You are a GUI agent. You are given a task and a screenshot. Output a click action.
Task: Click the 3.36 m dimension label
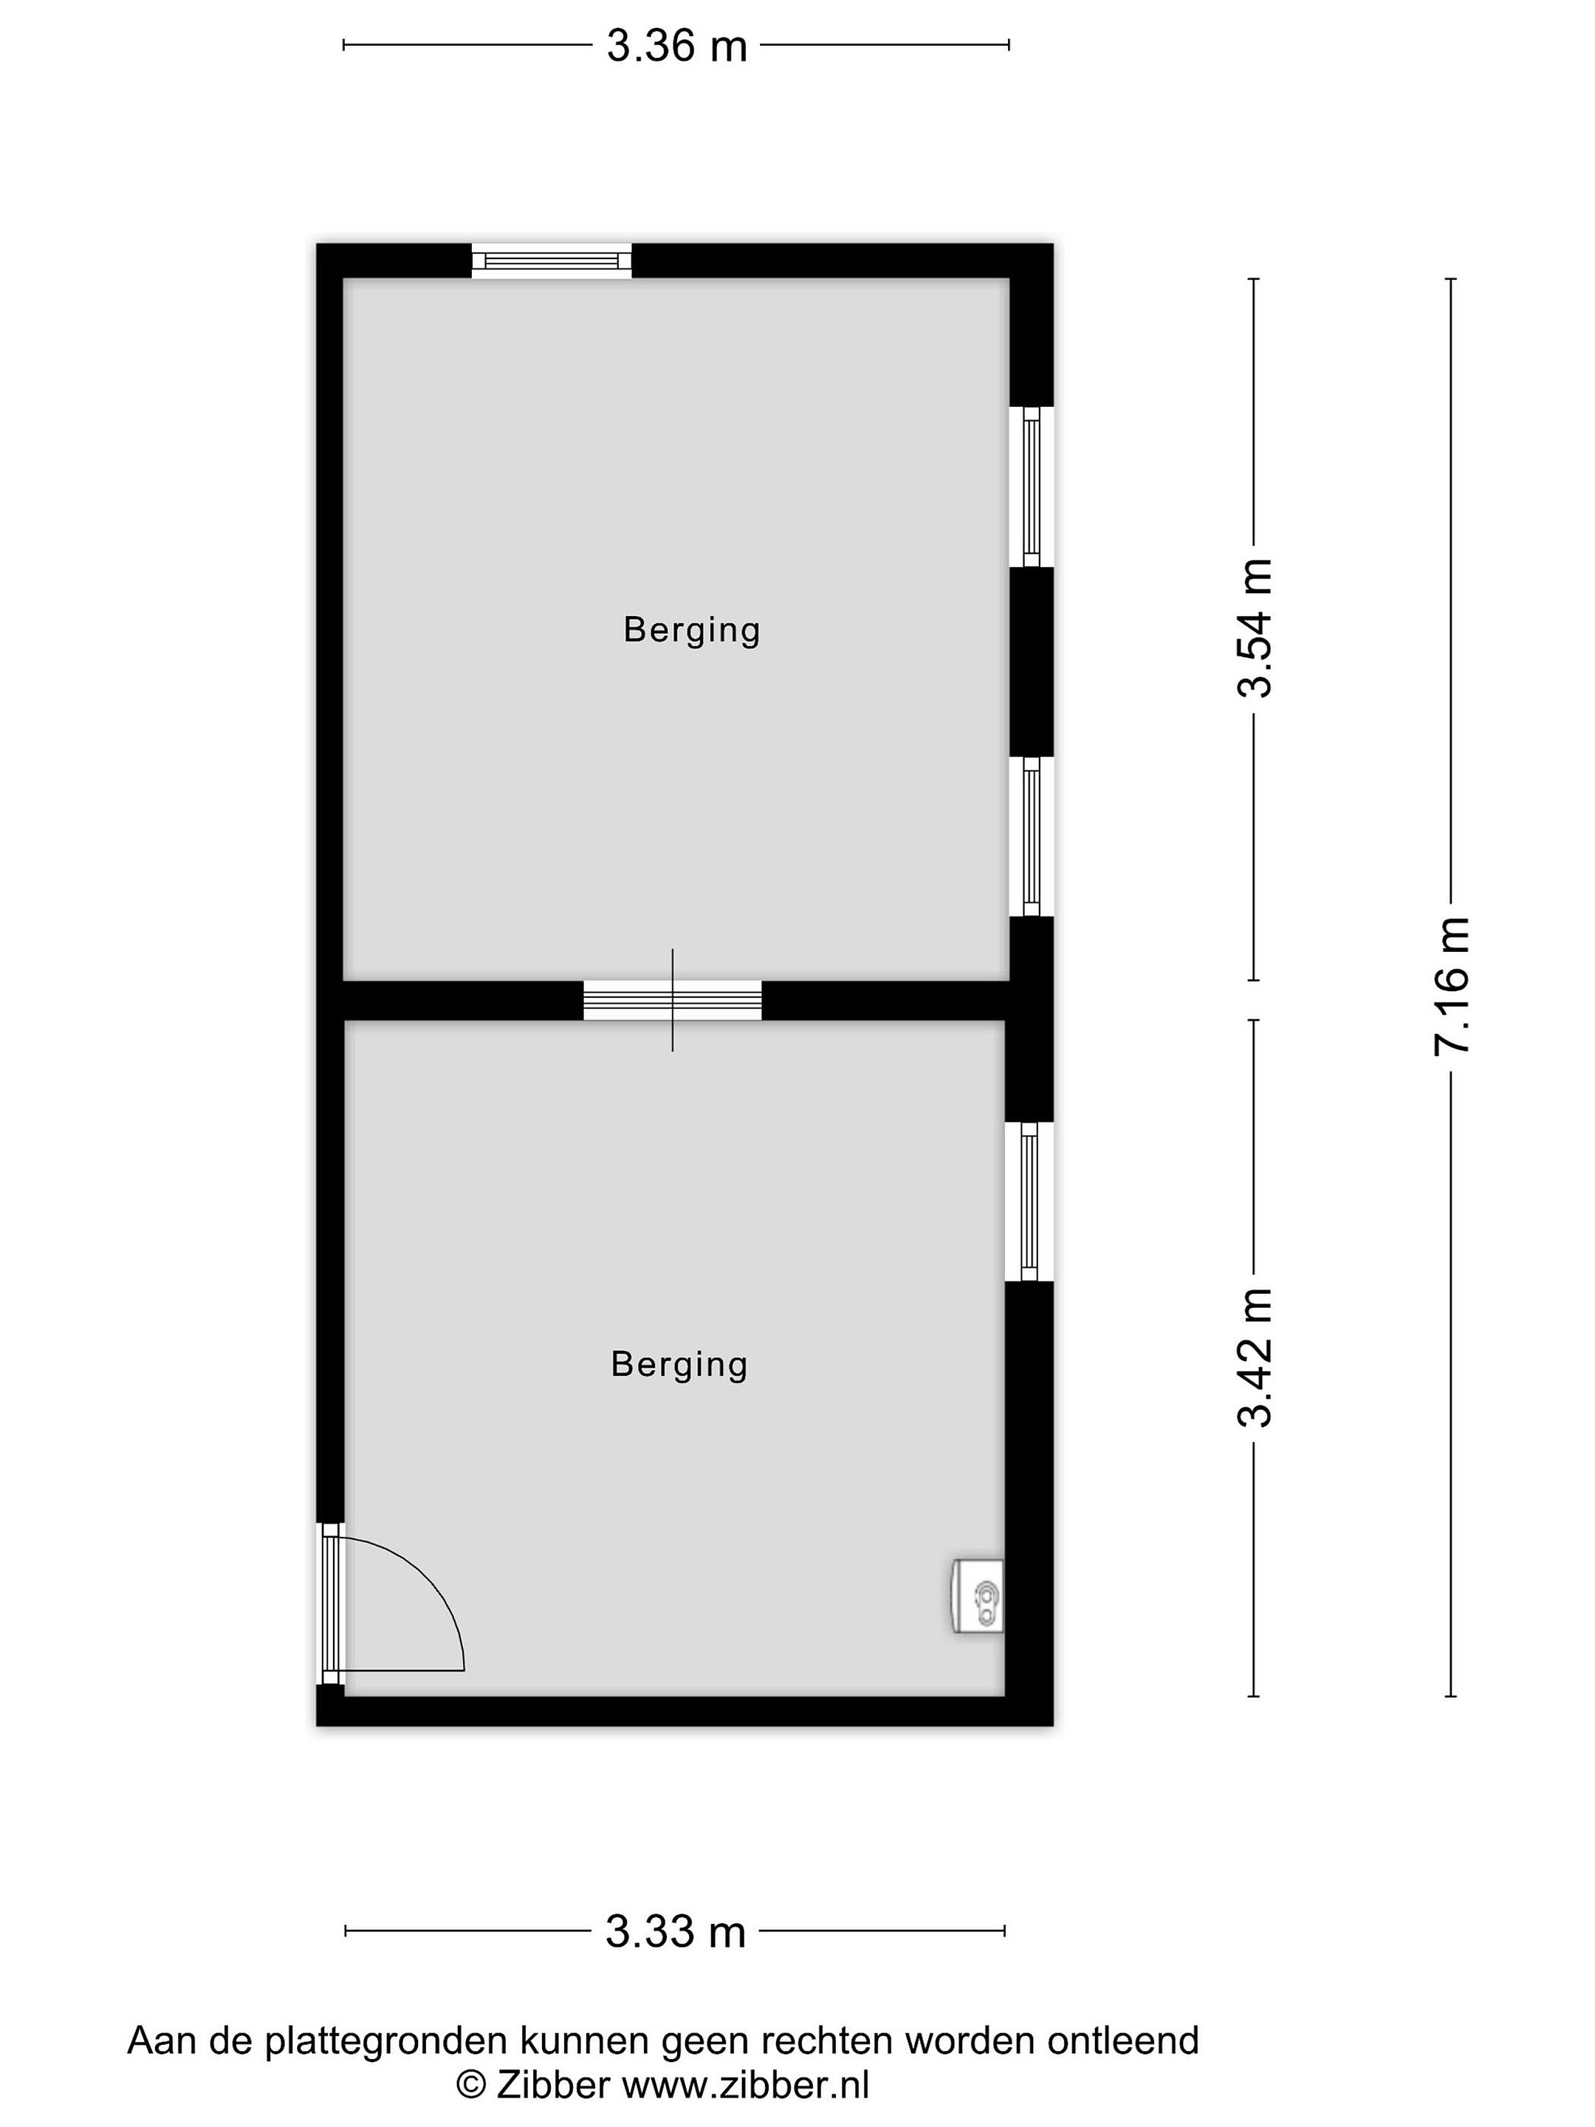click(x=676, y=45)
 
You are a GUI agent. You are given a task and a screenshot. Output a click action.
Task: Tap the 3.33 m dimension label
click(x=675, y=1930)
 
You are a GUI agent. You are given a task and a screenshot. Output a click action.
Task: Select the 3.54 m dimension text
click(x=1255, y=628)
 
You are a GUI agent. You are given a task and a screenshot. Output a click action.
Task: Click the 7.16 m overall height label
click(x=1452, y=986)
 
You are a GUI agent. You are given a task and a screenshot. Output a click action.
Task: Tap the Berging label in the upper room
click(x=691, y=631)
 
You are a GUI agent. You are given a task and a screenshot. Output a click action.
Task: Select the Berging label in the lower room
click(x=679, y=1366)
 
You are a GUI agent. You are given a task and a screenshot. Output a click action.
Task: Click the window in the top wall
click(x=551, y=261)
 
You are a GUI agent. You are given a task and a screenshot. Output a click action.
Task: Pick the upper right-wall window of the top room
click(x=1032, y=487)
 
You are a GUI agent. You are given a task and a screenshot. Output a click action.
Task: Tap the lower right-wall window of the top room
click(x=1032, y=837)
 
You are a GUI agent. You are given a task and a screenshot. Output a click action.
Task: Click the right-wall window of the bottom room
click(x=1029, y=1201)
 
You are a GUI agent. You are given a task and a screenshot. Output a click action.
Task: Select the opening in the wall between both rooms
click(x=673, y=1000)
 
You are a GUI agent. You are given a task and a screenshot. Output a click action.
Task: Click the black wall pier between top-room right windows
click(x=1032, y=662)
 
